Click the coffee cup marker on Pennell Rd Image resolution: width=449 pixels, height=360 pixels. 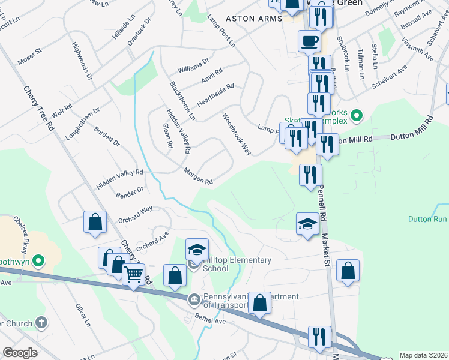(309, 42)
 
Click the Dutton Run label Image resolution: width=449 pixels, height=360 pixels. (428, 220)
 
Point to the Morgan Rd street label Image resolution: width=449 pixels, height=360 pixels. (199, 176)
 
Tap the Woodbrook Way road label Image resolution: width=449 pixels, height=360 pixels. (236, 134)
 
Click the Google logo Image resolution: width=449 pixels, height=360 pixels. (20, 353)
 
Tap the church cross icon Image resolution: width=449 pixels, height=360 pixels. (41, 323)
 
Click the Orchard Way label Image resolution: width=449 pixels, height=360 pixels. (135, 214)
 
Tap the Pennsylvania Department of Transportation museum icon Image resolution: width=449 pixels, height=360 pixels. (194, 300)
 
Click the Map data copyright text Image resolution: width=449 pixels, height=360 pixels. (423, 355)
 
